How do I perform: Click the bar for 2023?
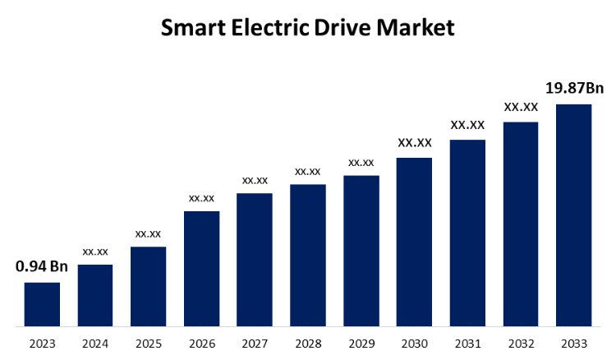[x=42, y=304]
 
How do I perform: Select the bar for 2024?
[x=95, y=295]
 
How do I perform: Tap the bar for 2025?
[x=148, y=286]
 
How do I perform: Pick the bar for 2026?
[x=201, y=269]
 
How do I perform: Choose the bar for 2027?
[x=255, y=260]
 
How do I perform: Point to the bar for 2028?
[x=307, y=255]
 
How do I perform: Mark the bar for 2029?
[x=361, y=251]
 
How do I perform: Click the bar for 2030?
[x=414, y=242]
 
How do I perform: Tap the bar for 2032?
[x=521, y=224]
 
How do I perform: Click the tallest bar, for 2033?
[x=573, y=215]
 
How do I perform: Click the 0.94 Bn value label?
[x=42, y=266]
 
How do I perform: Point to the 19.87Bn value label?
[x=574, y=87]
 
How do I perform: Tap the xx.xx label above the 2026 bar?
[x=201, y=197]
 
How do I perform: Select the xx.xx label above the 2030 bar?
[x=414, y=143]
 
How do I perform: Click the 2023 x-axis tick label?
[x=42, y=343]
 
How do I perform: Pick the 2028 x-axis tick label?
[x=307, y=343]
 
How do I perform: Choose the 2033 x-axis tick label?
[x=573, y=343]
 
